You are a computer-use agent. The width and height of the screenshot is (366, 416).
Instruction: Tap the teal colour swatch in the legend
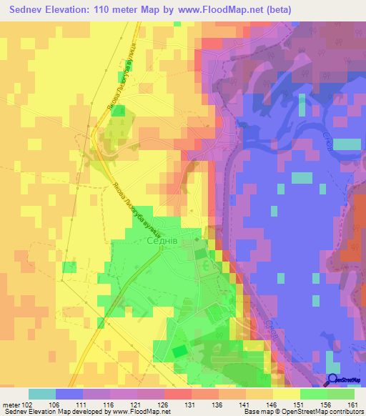tap(42, 394)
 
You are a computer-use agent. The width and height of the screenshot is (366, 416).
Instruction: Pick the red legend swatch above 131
tap(178, 394)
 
